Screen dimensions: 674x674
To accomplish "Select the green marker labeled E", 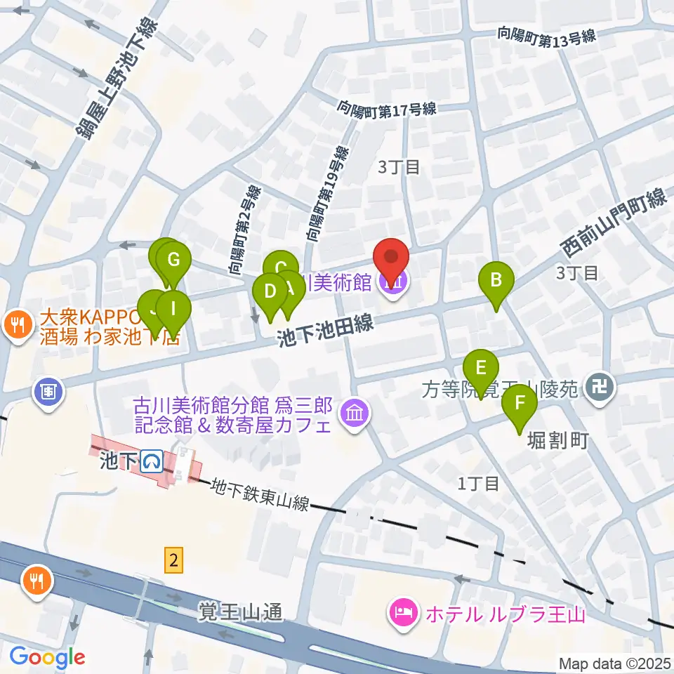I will pos(481,369).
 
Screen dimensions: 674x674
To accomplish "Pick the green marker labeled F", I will pos(520,404).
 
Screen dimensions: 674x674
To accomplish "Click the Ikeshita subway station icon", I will pos(152,461).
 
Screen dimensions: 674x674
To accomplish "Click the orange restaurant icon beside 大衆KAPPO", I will pos(15,324).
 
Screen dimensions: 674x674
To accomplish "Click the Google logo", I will pos(47,657).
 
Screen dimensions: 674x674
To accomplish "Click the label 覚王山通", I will pos(239,612).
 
